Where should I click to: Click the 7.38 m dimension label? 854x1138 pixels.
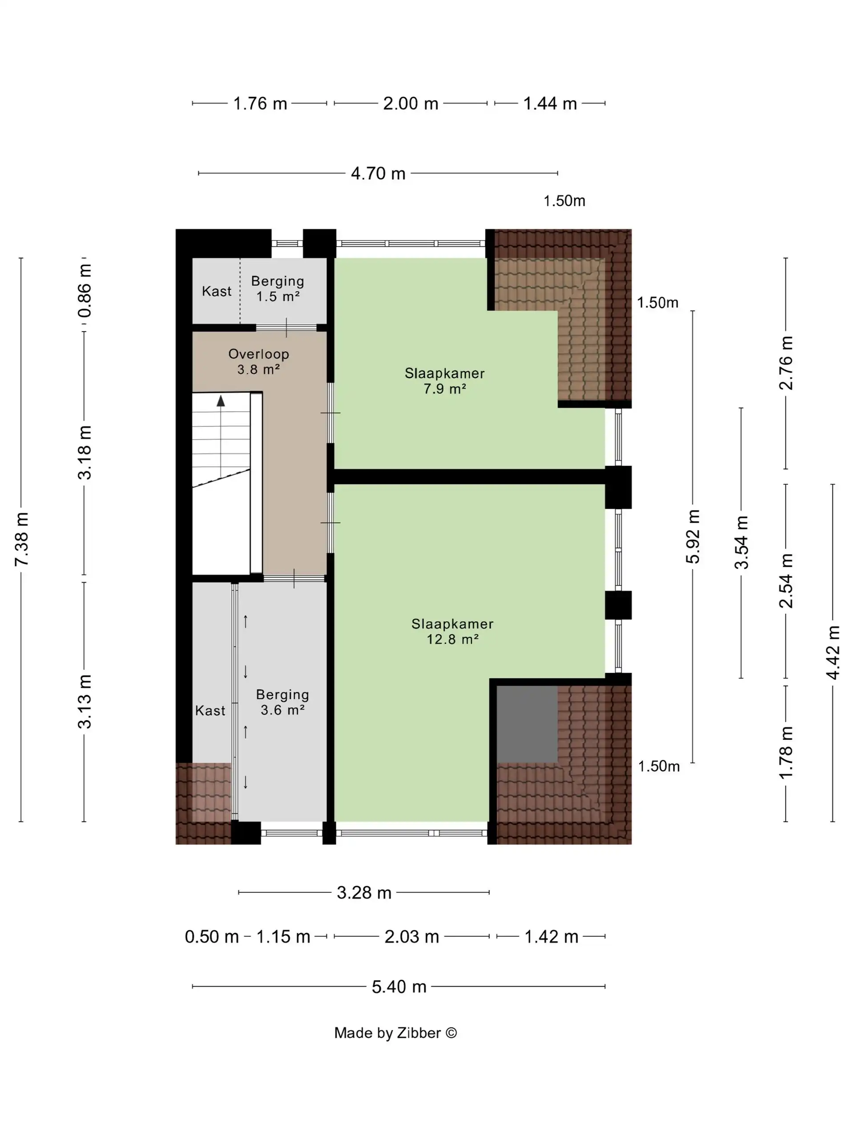[x=22, y=539]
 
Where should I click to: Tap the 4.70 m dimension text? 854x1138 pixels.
[x=378, y=173]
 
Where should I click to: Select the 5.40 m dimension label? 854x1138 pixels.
[x=399, y=986]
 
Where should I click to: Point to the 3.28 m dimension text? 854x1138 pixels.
[x=364, y=892]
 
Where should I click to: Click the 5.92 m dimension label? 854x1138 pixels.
[x=693, y=537]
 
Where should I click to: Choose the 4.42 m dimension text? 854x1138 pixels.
[x=833, y=652]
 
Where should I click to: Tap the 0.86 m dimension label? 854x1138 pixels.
[x=84, y=291]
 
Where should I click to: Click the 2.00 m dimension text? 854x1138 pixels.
[x=410, y=104]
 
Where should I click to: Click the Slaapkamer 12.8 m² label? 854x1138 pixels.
[x=452, y=631]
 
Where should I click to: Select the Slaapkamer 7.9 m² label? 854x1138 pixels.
[x=445, y=381]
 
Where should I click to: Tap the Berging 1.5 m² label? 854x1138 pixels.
[x=278, y=289]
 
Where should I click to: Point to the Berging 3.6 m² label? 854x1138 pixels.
[x=282, y=702]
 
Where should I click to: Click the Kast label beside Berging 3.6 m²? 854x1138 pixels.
[x=210, y=710]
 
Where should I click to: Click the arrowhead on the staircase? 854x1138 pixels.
[x=221, y=401]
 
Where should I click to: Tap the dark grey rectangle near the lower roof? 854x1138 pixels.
[x=527, y=724]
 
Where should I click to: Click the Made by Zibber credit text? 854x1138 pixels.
[x=395, y=1033]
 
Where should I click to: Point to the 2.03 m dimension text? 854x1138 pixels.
[x=411, y=936]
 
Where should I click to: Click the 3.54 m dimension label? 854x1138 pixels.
[x=741, y=542]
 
